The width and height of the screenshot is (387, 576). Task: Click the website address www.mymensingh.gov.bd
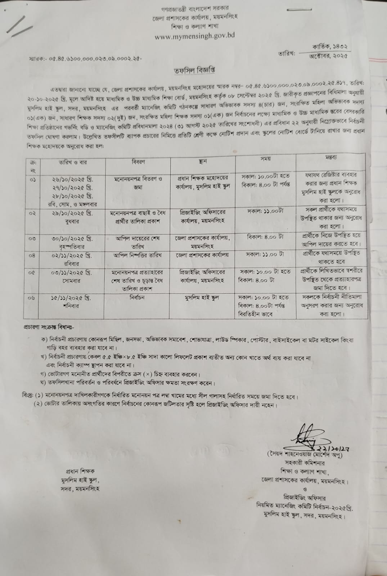[195, 36]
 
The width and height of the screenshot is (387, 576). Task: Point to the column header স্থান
[203, 162]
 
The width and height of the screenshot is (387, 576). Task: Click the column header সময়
[266, 159]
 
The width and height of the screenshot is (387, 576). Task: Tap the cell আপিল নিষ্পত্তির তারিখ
[138, 255]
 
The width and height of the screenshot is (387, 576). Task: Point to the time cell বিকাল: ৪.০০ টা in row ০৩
[265, 238]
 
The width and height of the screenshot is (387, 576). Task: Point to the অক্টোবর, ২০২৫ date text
[328, 56]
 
